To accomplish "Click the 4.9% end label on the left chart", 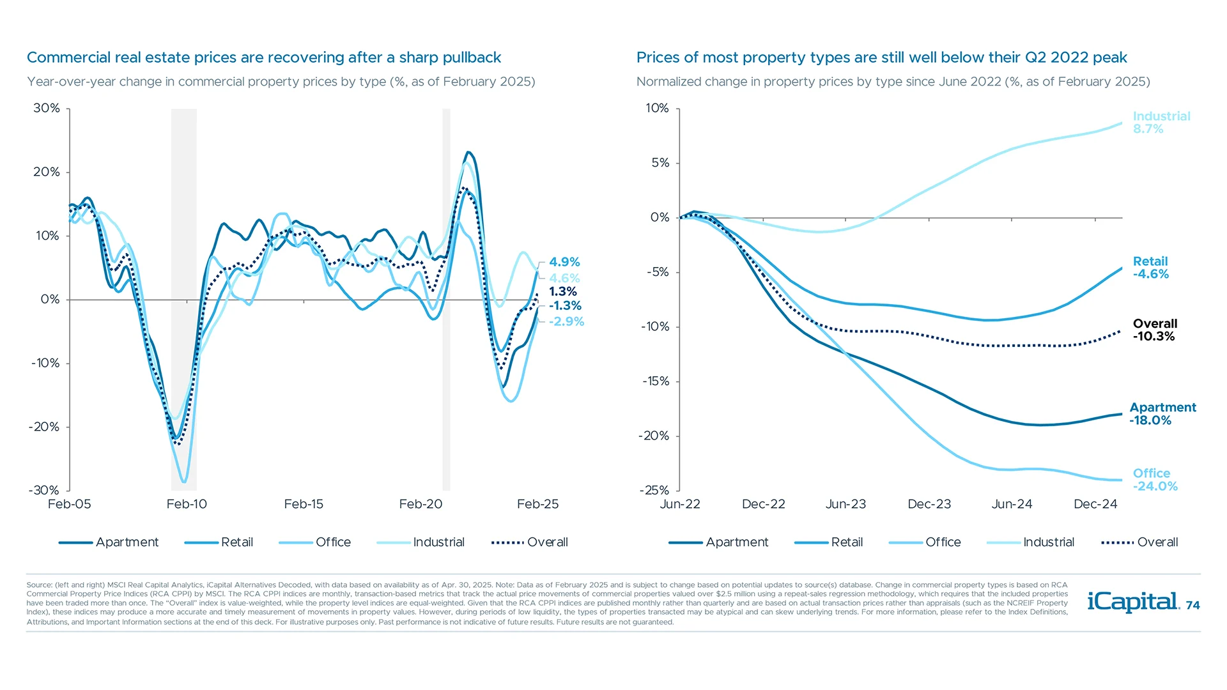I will click(564, 262).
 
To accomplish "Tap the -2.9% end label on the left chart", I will click(566, 321).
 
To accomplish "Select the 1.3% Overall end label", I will click(562, 291).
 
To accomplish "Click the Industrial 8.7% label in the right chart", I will click(1161, 123).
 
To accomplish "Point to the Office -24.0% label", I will click(1154, 480).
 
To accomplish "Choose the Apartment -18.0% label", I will click(1162, 414).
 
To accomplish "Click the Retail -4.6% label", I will click(1150, 268).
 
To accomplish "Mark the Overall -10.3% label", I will click(1154, 330).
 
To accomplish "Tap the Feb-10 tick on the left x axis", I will click(187, 504).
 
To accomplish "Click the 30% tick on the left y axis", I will click(47, 108).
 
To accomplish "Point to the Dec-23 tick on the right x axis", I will click(929, 504).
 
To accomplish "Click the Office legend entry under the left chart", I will click(332, 542).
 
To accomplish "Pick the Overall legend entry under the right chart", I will click(1157, 542).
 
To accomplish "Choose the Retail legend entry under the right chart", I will click(846, 542).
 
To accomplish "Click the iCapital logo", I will click(1132, 602).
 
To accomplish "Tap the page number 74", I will click(1192, 606).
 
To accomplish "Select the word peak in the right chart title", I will click(1109, 57).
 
